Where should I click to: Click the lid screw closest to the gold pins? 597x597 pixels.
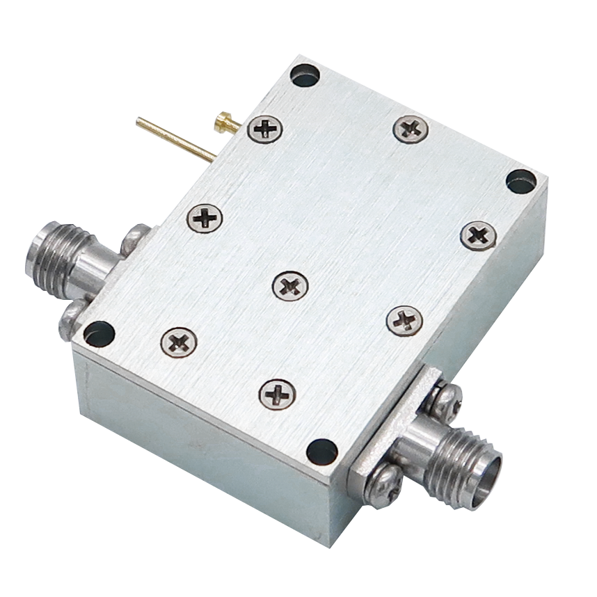pos(266,128)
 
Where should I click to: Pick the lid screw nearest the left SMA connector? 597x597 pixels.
pos(205,217)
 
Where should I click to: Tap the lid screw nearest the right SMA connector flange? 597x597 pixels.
pos(404,319)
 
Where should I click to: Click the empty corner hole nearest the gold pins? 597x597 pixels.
pos(305,74)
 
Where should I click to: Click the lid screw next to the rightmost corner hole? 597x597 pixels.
pos(478,234)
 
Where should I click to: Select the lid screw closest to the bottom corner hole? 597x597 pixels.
pos(277,393)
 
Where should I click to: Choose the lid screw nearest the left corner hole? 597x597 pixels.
pos(179,340)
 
